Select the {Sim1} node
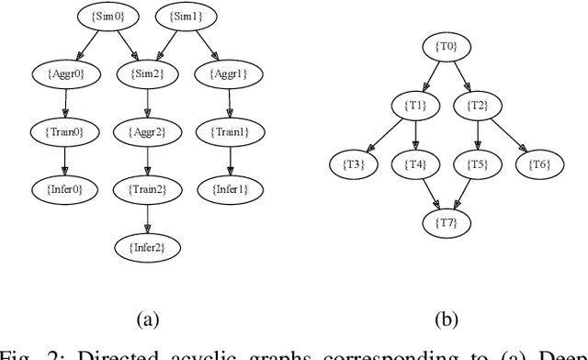(x=187, y=16)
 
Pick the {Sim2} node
(x=145, y=73)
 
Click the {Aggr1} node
(x=229, y=73)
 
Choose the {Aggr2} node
(x=145, y=131)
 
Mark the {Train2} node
(x=145, y=190)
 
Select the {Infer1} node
(x=229, y=190)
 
